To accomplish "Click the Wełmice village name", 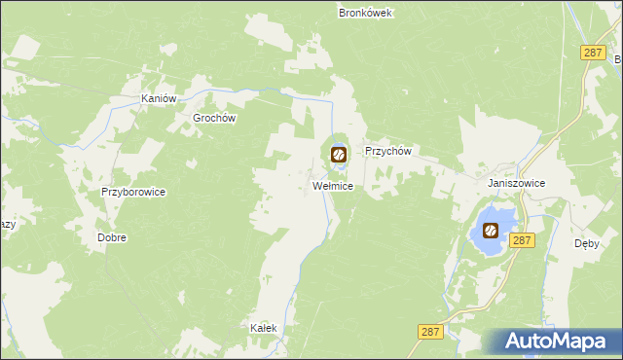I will click(332, 185).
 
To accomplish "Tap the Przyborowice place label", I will click(133, 192).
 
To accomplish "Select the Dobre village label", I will click(112, 237).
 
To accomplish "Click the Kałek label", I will click(264, 328).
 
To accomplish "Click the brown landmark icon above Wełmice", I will click(338, 154).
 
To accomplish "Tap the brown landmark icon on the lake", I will click(490, 231).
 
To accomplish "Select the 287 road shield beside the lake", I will click(522, 239).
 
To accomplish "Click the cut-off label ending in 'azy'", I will click(8, 225).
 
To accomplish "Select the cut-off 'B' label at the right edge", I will click(617, 59).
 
